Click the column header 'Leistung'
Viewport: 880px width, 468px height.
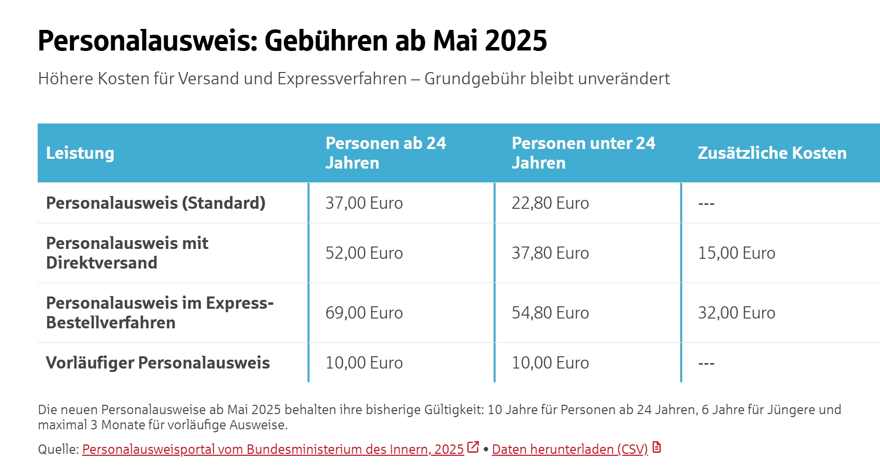80,153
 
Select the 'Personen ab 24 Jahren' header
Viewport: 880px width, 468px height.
385,153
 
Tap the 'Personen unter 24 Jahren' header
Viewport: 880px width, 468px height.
583,153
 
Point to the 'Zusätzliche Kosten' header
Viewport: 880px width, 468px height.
772,153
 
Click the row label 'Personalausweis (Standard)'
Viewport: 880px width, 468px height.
156,203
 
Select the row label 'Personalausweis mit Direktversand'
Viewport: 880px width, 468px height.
127,253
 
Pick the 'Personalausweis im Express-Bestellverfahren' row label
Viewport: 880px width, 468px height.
160,313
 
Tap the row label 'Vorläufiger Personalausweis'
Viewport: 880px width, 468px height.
158,363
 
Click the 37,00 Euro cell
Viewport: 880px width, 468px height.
364,203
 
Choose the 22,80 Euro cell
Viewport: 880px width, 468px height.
550,203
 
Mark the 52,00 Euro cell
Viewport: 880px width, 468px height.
364,253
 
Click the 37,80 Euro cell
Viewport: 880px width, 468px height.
550,253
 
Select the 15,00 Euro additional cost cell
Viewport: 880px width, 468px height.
736,253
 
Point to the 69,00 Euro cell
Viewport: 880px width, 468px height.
364,313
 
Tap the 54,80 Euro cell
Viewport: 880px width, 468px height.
550,313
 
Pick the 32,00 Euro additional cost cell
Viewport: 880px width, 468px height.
736,313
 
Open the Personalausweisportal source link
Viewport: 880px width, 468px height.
273,449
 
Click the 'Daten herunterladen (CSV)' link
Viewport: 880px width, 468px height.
570,449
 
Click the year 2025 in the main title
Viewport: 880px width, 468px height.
516,40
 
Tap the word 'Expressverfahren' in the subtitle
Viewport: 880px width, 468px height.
342,78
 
